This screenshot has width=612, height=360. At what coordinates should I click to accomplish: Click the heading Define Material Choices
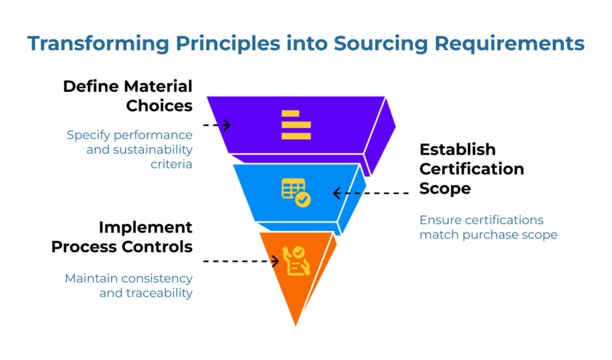pos(128,96)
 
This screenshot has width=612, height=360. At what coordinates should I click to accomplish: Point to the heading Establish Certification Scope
pos(471,168)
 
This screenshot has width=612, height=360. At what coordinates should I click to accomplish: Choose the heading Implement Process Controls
pos(122,237)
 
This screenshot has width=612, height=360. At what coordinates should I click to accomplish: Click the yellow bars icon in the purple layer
pos(296,125)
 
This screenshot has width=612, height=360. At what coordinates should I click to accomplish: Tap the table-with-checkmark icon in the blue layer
pos(296,193)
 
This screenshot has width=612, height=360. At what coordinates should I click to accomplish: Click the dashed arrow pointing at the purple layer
pos(216,125)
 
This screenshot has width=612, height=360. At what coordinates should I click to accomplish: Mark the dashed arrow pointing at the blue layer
pos(371,193)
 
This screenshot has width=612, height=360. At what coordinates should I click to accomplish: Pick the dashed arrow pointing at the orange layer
pos(241,261)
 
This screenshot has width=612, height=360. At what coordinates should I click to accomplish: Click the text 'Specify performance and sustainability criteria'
pos(130,149)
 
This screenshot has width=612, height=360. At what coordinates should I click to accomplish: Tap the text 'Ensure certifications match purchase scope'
pos(488,227)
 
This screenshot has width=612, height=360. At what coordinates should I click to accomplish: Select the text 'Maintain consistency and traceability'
pos(128,286)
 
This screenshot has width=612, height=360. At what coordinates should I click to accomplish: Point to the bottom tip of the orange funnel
pos(296,325)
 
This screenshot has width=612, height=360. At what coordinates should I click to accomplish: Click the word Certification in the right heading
pos(471,169)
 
